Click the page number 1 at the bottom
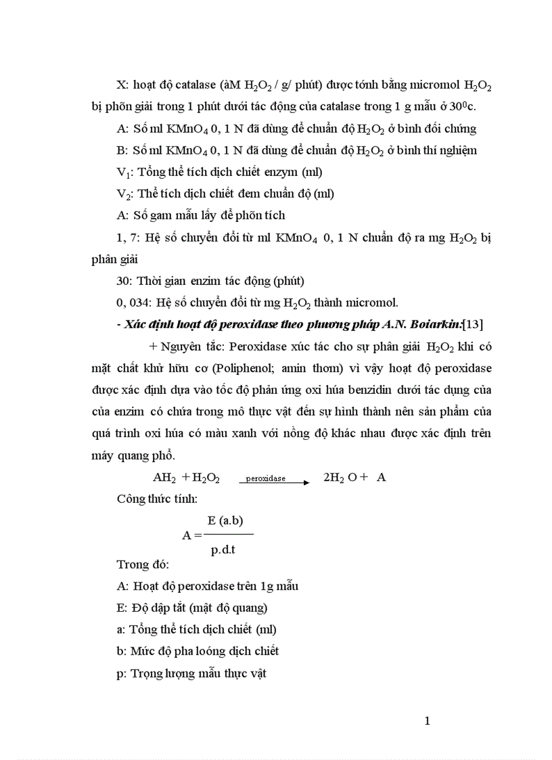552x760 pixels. (x=427, y=721)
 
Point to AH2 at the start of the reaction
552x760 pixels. (x=164, y=478)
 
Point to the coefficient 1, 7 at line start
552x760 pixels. (x=127, y=238)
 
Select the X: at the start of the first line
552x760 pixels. (x=122, y=85)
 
